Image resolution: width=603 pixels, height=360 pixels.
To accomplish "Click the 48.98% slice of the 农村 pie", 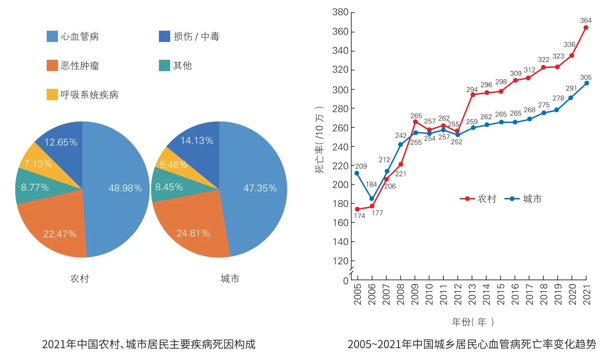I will [x=122, y=188].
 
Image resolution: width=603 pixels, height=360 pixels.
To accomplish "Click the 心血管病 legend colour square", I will [x=52, y=36].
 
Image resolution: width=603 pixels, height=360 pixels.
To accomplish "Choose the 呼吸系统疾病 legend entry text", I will [x=89, y=95].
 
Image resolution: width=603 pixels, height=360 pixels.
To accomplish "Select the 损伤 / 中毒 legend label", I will [x=196, y=36].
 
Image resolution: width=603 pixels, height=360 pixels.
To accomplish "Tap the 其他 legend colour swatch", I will [x=164, y=65].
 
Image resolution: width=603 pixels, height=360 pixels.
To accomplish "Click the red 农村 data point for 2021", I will [x=586, y=27].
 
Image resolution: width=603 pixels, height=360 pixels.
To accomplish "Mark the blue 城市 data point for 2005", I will [x=357, y=173].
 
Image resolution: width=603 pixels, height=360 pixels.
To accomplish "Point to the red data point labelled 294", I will [x=472, y=94].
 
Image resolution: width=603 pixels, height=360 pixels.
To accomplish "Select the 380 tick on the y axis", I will [x=340, y=12].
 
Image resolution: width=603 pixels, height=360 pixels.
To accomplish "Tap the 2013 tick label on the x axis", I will [x=472, y=295].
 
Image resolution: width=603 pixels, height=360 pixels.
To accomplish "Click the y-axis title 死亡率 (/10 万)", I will [x=320, y=140].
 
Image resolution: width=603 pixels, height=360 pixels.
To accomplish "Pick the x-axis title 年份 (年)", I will [x=473, y=322].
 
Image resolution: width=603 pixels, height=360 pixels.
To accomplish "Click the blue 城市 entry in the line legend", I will [x=523, y=199].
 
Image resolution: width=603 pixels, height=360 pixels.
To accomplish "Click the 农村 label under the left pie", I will [x=80, y=278].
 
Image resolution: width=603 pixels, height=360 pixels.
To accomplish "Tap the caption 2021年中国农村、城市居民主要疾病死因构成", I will [x=149, y=344].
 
